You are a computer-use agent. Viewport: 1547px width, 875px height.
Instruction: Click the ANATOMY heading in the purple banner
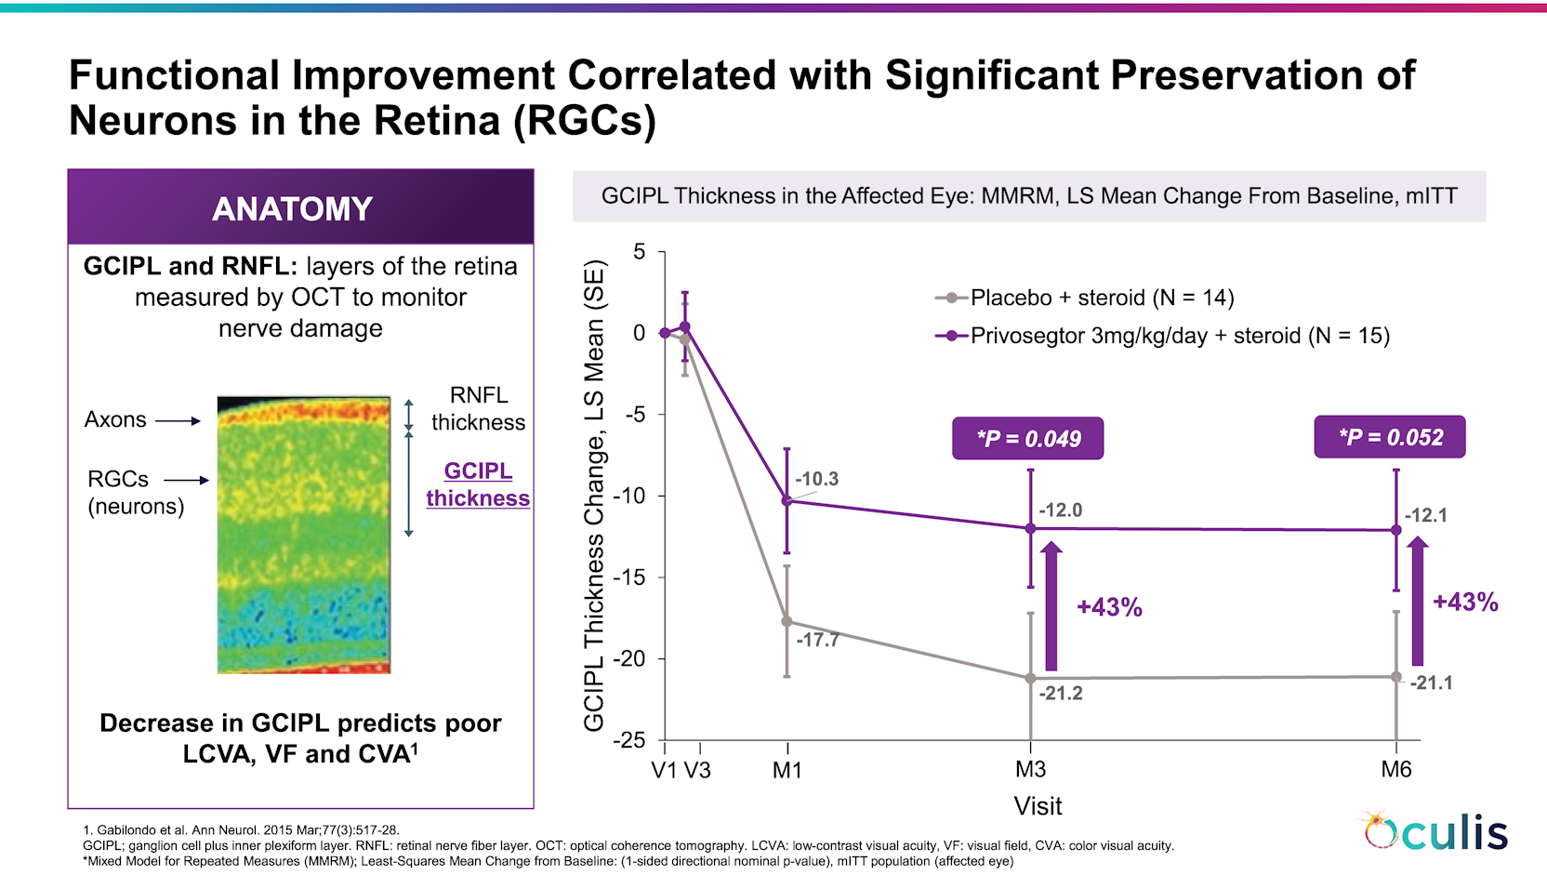point(292,208)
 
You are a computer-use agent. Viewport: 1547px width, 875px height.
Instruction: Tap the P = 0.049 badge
point(1027,439)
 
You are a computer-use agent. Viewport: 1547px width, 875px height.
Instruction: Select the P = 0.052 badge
point(1390,436)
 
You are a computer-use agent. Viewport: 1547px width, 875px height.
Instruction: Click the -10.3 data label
point(817,479)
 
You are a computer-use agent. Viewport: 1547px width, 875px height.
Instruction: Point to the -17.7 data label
point(818,640)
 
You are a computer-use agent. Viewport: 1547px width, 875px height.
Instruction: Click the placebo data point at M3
point(1030,678)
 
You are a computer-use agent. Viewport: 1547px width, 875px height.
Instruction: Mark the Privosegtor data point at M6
point(1396,530)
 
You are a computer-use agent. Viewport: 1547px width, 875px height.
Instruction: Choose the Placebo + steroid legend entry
point(1084,298)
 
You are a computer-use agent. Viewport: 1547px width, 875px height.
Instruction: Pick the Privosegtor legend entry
point(1162,336)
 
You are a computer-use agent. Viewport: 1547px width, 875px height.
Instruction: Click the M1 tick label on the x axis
point(787,769)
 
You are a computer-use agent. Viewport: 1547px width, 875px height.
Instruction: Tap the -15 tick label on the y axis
point(630,577)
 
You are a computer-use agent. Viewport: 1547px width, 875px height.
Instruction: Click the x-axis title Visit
point(1038,806)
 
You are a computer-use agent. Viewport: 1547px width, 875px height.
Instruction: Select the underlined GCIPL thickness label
point(478,484)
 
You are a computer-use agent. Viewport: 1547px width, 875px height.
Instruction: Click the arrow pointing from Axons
point(178,420)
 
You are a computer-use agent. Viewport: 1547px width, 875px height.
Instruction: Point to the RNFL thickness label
point(479,408)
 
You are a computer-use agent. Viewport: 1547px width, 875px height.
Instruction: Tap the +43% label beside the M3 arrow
point(1109,607)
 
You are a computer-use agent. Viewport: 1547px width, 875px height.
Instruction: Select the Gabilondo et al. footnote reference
point(241,830)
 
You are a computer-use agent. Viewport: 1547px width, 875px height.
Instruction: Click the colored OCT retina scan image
point(304,535)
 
